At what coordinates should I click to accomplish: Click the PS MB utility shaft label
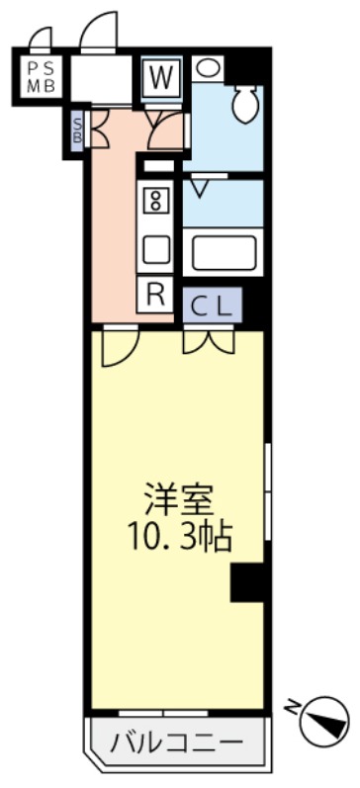41,76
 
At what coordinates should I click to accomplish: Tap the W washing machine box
162,76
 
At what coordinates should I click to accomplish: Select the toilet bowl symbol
245,103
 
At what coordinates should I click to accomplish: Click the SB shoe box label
77,130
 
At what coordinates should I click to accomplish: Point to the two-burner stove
155,200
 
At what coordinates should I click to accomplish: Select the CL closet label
212,306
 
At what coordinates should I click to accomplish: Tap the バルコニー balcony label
177,742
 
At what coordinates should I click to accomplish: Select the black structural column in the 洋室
247,582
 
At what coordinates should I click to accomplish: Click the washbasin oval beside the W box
207,68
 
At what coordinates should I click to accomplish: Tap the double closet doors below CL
209,341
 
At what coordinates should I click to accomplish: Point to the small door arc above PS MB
41,39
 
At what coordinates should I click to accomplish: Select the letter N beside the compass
290,708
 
